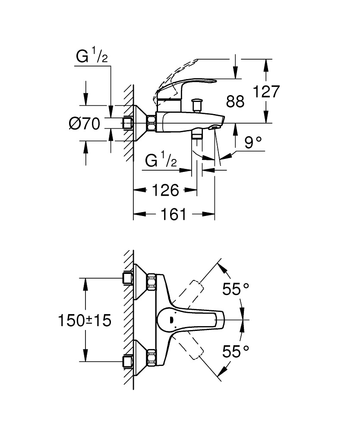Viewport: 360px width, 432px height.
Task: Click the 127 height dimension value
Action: (266, 92)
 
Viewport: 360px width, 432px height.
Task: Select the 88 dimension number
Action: (235, 102)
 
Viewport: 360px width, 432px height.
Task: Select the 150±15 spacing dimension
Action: (85, 320)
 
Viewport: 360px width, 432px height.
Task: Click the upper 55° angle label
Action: (236, 289)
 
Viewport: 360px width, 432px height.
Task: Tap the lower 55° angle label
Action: (236, 351)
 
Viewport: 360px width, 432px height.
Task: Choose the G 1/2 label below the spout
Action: (161, 161)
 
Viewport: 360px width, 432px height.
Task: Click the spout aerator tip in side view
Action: (214, 127)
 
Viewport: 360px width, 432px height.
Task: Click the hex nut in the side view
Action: (152, 123)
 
